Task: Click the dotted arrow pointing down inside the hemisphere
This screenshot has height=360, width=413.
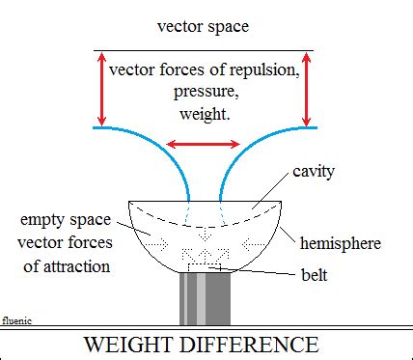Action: coord(205,234)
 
